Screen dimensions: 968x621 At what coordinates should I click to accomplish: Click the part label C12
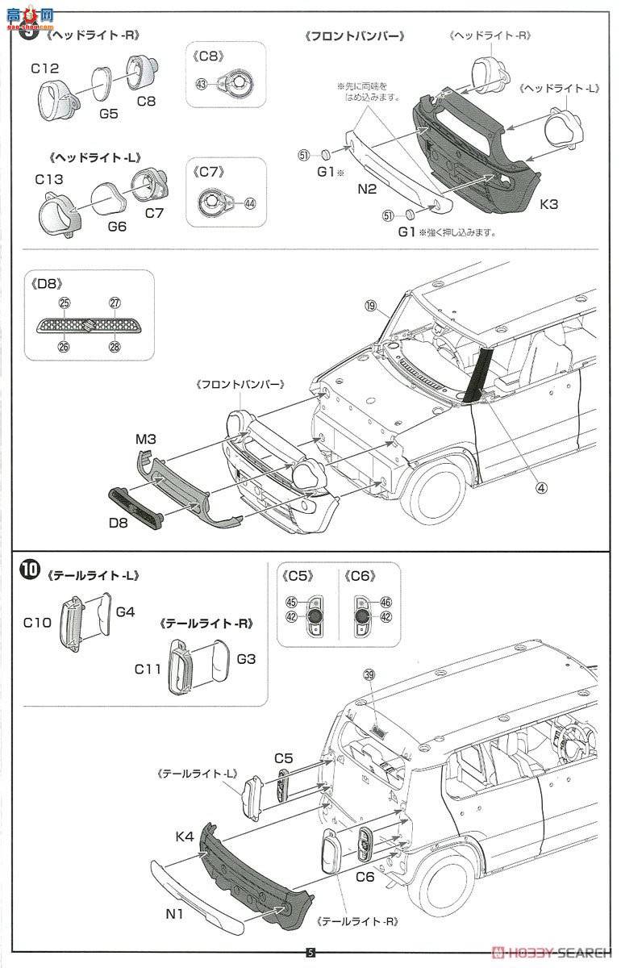pos(46,69)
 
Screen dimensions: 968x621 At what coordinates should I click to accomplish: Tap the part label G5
pos(108,114)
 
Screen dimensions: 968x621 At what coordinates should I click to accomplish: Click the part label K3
pos(548,204)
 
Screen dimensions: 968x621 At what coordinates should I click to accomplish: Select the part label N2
pos(368,190)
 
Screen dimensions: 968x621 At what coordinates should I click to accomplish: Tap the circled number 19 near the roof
pos(370,306)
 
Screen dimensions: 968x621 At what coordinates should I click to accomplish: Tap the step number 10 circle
pos(29,570)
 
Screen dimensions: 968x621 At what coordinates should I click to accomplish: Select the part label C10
pos(38,621)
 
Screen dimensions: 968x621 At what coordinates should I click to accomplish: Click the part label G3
pos(246,658)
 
